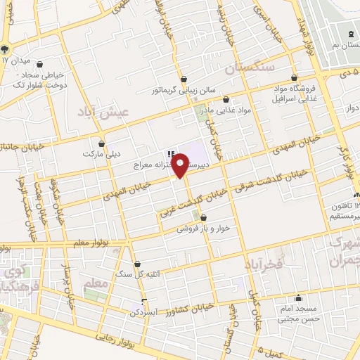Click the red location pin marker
(x=181, y=165)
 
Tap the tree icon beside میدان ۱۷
(x=5, y=49)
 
